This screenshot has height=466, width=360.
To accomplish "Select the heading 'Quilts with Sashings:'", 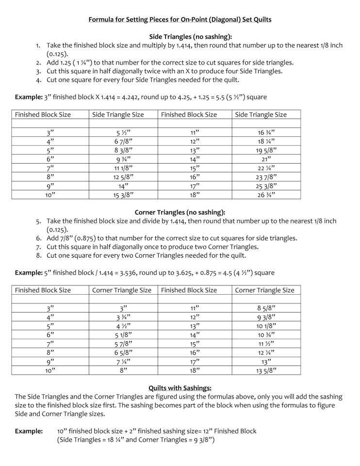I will (x=180, y=388).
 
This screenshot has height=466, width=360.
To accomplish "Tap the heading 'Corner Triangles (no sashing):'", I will (x=180, y=212).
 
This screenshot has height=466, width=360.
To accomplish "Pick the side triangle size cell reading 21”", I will (x=266, y=159).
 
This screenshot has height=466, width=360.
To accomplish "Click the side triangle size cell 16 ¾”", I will (x=266, y=132).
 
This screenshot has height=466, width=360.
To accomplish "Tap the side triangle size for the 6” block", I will (x=124, y=159).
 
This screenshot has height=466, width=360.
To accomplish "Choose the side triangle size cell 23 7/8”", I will (x=266, y=177).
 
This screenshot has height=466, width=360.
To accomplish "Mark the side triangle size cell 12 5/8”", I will (x=124, y=177).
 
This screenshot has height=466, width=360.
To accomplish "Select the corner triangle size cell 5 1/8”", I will (x=124, y=334).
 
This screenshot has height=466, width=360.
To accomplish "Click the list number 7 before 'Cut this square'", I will (x=38, y=247).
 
